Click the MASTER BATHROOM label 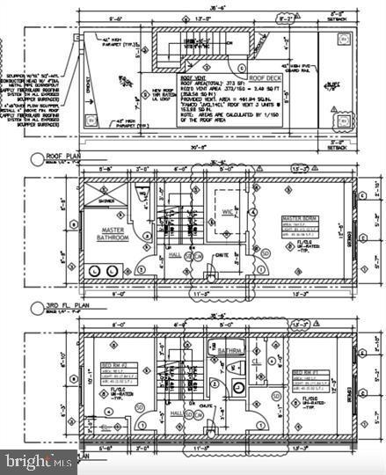(113, 234)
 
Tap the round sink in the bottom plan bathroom (237, 388)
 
